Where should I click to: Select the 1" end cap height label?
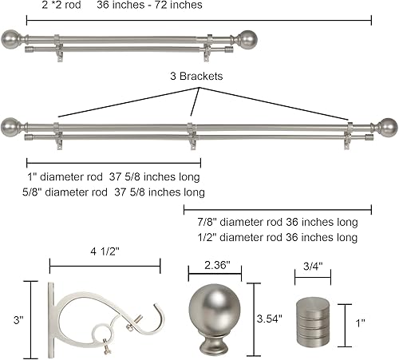[361, 323]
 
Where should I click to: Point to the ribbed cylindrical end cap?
[312, 323]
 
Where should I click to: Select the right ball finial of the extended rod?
[387, 126]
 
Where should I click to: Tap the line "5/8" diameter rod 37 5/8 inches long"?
[114, 192]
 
